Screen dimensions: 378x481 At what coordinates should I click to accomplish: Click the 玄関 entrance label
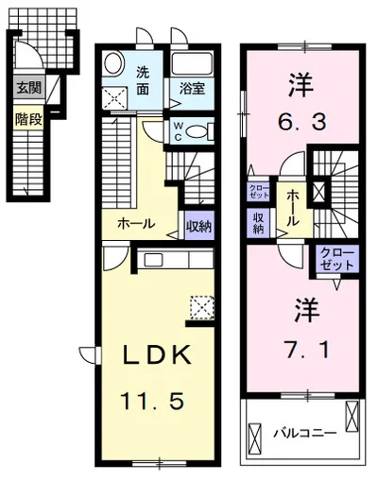(29, 87)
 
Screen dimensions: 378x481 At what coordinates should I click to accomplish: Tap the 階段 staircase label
(28, 119)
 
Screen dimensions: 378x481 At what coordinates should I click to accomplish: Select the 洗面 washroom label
(143, 81)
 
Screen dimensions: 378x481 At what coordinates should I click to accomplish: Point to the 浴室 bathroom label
(192, 89)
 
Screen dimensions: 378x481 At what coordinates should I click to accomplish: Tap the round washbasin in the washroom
(112, 63)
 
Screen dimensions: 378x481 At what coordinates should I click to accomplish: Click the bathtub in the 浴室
(192, 64)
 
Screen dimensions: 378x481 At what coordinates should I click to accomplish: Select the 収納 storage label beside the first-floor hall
(198, 226)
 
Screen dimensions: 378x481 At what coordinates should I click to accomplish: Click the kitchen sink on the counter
(153, 260)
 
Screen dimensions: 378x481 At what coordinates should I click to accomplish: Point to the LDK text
(157, 354)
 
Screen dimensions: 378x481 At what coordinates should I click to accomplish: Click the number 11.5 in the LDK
(152, 402)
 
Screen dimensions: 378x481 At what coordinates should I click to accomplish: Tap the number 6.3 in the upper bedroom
(302, 121)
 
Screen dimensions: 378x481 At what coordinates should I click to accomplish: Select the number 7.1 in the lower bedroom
(307, 350)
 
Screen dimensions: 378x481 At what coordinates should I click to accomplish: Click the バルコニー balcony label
(304, 434)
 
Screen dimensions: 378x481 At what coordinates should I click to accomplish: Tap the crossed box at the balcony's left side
(255, 438)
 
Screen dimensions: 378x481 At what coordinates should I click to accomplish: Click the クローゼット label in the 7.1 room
(337, 259)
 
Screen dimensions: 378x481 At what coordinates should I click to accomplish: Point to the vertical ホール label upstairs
(293, 209)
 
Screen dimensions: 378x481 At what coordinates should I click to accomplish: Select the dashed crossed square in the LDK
(202, 307)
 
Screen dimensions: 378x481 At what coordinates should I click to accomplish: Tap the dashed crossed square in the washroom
(115, 98)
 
